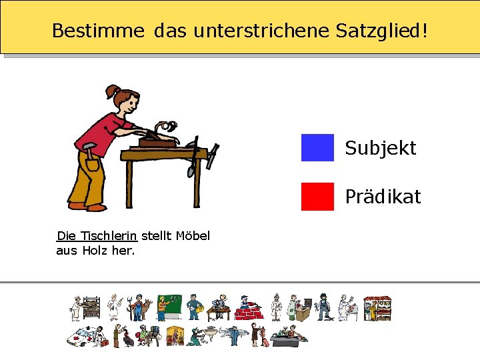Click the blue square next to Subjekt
click(x=317, y=148)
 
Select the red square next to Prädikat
click(x=317, y=197)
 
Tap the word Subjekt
click(x=380, y=148)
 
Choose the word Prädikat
click(x=383, y=197)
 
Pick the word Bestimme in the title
click(x=98, y=31)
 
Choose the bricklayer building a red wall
click(x=248, y=308)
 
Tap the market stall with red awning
click(x=377, y=308)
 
